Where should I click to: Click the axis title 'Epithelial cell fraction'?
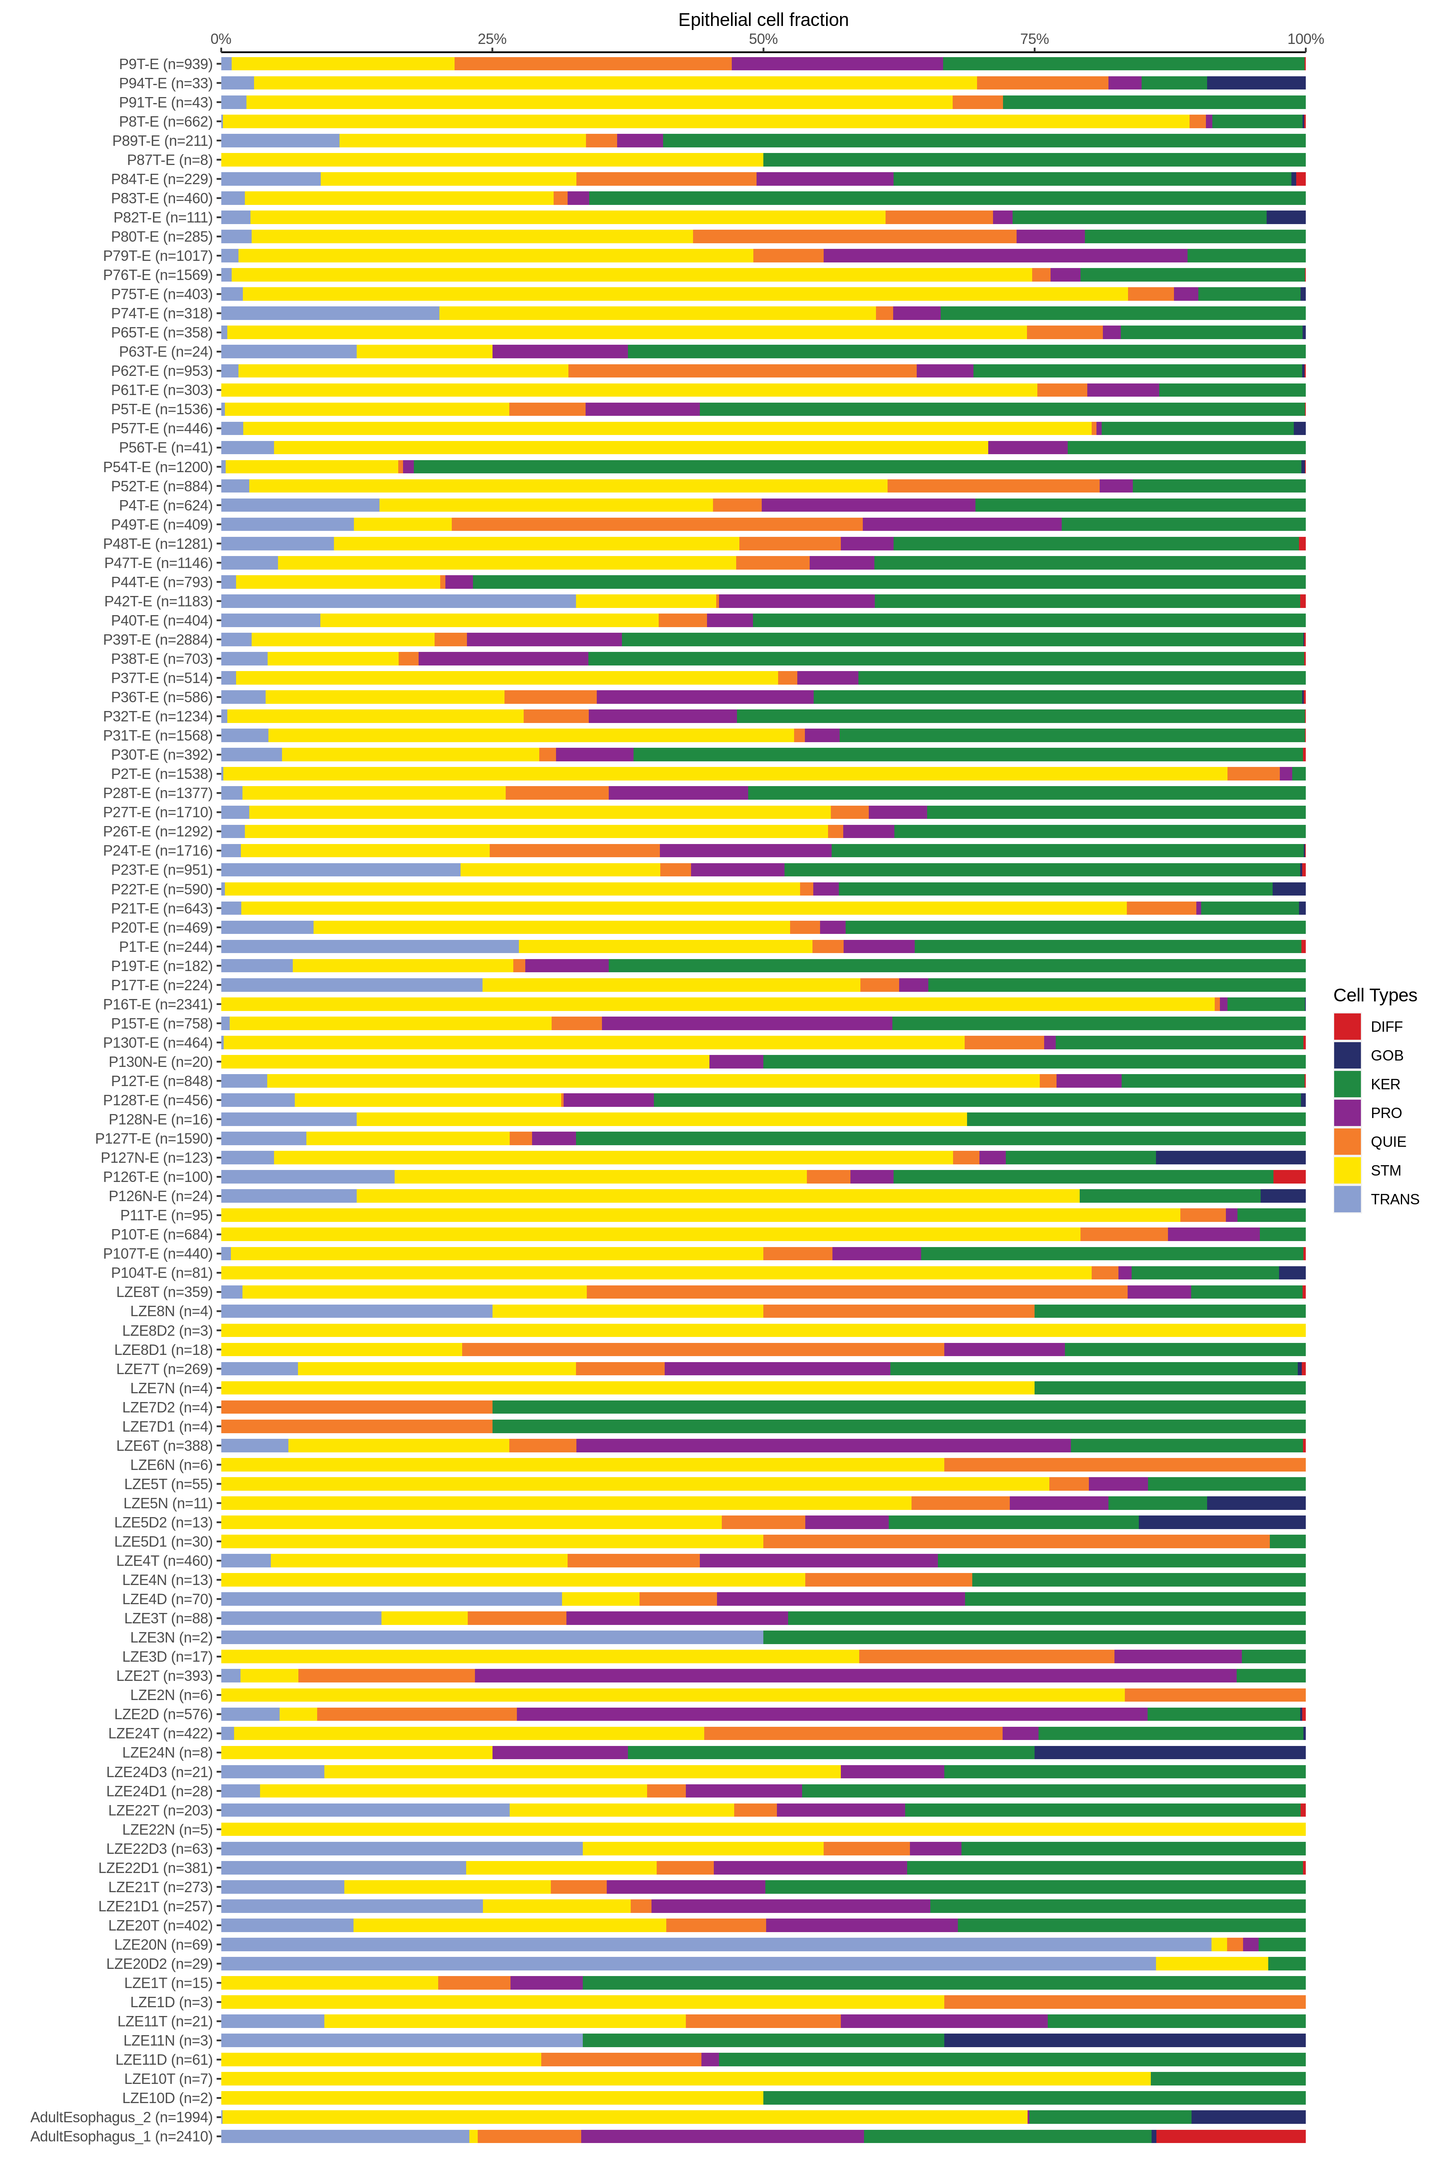point(763,19)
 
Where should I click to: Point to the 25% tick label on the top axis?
point(492,38)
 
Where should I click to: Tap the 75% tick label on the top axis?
point(1035,38)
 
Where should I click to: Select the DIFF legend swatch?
point(1346,1026)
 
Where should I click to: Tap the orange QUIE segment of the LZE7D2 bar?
point(357,1407)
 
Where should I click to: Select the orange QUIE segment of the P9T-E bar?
point(592,63)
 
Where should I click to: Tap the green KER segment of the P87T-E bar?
point(1034,159)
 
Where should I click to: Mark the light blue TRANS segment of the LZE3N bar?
point(492,1637)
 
